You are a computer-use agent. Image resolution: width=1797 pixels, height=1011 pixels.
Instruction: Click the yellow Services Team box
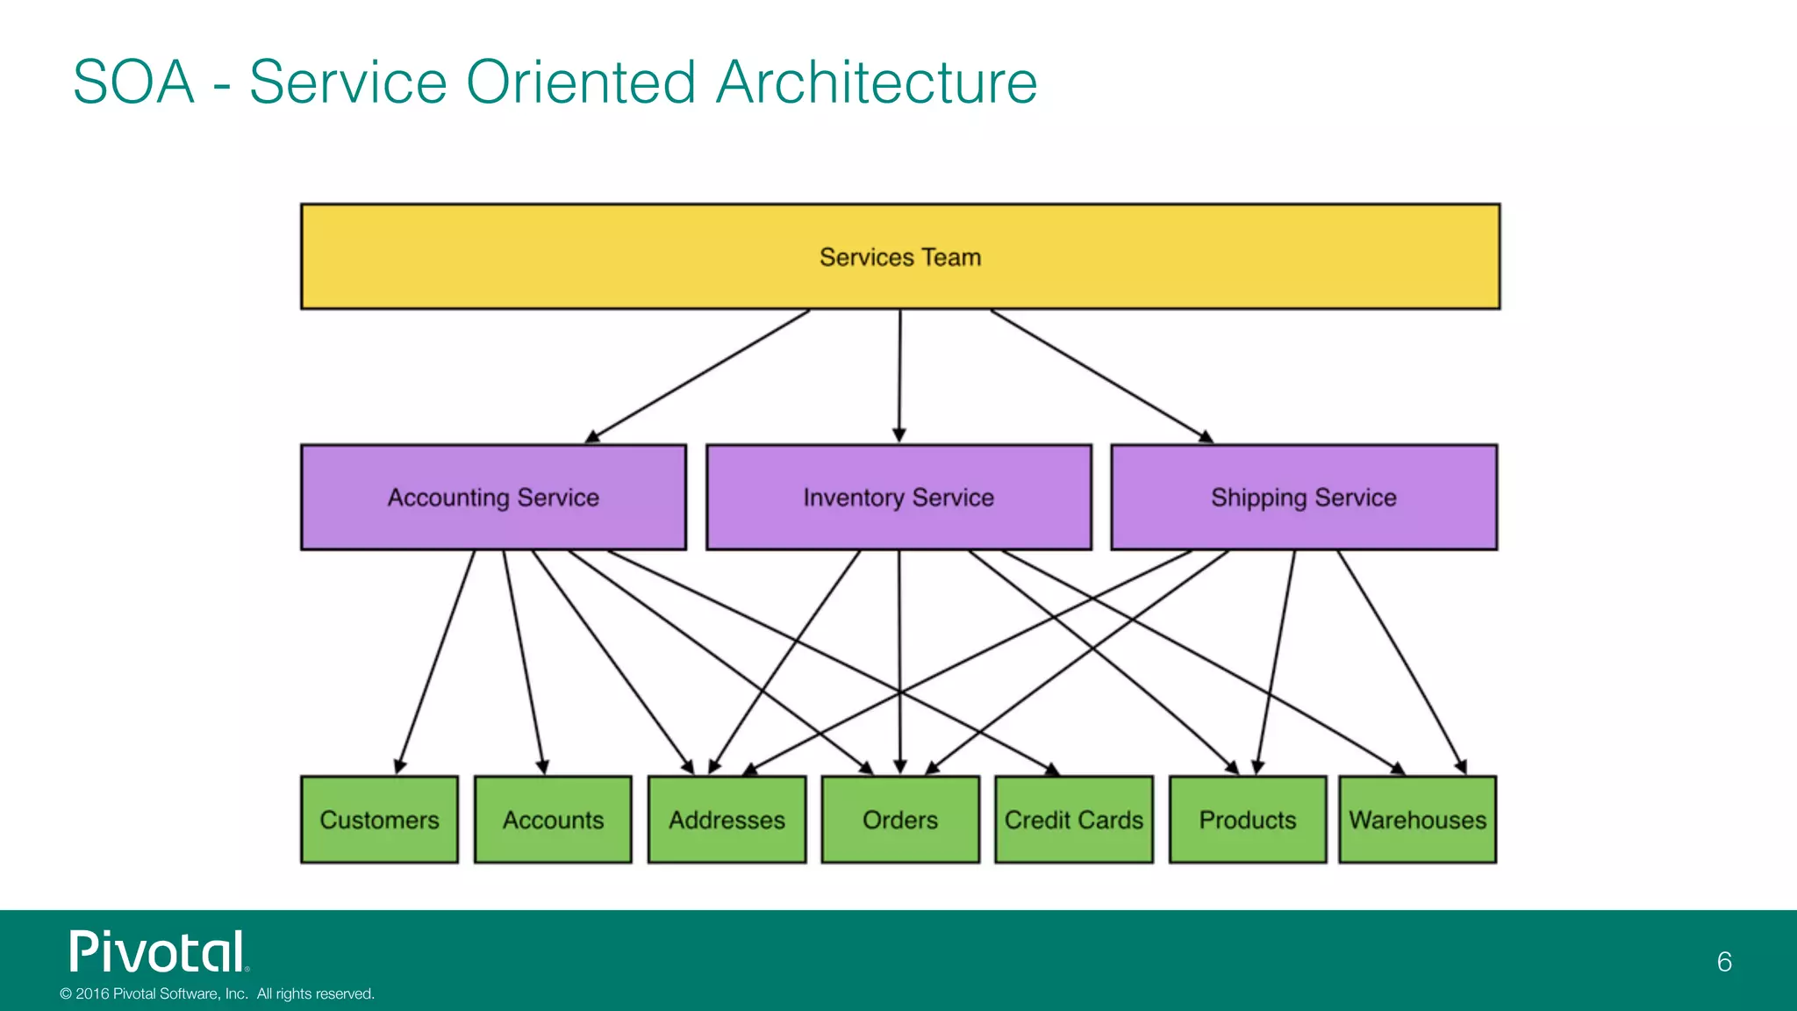(x=900, y=256)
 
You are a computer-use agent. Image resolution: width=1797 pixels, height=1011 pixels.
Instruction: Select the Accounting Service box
(x=493, y=498)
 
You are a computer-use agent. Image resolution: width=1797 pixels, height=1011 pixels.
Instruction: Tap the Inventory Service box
(x=898, y=498)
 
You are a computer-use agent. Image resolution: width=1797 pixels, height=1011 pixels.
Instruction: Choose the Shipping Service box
(x=1304, y=498)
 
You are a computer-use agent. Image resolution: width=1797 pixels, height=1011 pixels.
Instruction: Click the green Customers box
(x=379, y=820)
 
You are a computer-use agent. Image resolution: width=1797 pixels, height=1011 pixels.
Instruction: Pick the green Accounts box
(x=553, y=820)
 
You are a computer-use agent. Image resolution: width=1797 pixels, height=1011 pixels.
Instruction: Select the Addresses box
(x=727, y=820)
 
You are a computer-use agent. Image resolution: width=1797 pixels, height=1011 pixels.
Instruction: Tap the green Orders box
(x=900, y=820)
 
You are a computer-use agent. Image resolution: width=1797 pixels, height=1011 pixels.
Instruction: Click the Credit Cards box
(x=1074, y=820)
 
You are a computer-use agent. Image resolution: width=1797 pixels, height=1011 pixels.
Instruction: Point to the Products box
(x=1248, y=820)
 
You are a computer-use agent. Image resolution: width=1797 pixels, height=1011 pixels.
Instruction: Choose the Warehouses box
(x=1418, y=820)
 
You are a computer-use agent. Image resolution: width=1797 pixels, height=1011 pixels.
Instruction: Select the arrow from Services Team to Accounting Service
(x=698, y=376)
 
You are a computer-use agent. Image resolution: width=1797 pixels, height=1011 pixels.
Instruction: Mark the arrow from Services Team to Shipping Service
(x=1101, y=376)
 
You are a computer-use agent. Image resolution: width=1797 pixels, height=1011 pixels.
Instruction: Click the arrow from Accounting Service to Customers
(x=436, y=663)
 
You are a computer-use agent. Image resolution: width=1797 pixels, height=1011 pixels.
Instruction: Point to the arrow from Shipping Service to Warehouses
(x=1401, y=663)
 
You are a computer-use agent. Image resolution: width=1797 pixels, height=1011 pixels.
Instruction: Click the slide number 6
(x=1724, y=962)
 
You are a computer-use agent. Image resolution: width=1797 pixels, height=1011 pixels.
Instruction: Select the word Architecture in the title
(x=876, y=82)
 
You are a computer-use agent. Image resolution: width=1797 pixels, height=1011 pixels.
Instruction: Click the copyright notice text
(x=217, y=993)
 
